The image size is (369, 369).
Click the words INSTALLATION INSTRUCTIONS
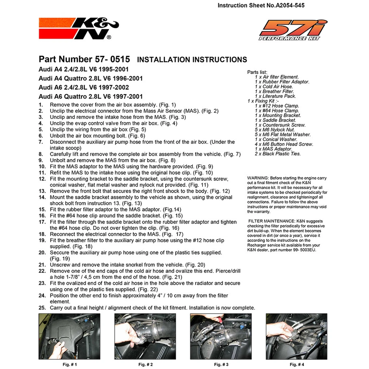[x=192, y=60]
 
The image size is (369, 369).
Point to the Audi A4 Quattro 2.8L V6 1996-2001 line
[x=91, y=78]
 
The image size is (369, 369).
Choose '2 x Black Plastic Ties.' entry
[x=278, y=154]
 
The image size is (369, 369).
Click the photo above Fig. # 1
[x=69, y=336]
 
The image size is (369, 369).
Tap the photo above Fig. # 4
[x=296, y=336]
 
